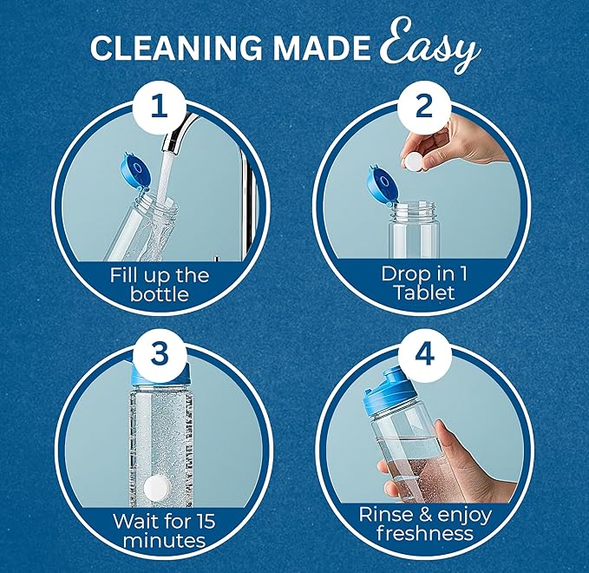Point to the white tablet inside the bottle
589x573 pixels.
(157, 486)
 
